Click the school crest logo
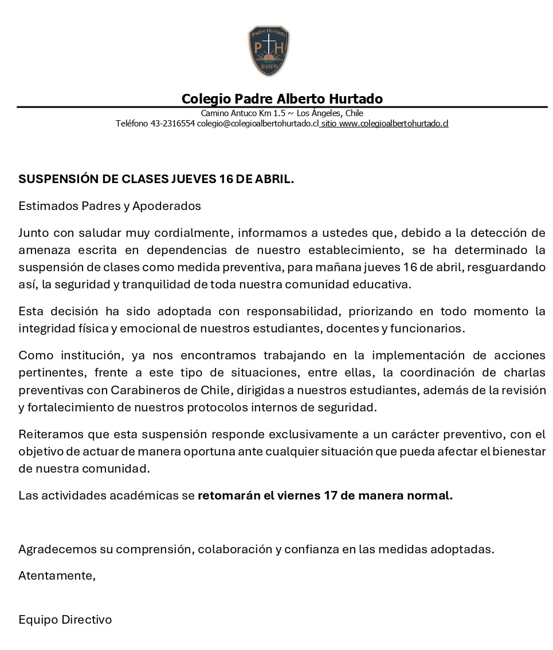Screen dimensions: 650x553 click(x=268, y=51)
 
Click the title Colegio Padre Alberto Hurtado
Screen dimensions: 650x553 click(x=282, y=99)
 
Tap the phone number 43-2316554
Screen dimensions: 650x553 click(x=172, y=124)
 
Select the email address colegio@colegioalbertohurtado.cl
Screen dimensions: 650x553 click(x=257, y=124)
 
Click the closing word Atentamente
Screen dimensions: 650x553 click(x=56, y=576)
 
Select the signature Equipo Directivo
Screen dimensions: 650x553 click(x=65, y=620)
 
